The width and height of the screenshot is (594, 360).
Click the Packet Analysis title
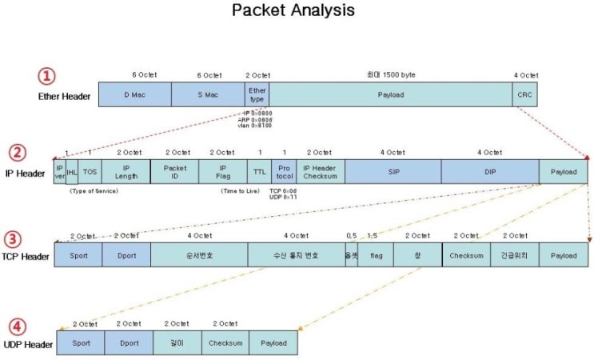coord(293,11)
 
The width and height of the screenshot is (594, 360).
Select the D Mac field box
coord(135,94)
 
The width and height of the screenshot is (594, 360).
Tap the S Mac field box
coord(208,94)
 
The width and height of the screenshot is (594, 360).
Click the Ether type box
coord(257,94)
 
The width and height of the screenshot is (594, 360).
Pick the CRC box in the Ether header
coord(524,94)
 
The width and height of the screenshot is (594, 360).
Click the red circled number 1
coord(48,76)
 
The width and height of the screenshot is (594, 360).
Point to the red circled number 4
coord(17,326)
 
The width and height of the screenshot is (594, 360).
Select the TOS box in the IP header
coord(90,171)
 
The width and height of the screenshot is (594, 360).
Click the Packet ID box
coord(174,171)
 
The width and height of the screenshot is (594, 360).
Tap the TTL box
coord(259,171)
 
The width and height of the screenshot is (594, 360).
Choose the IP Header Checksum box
coord(321,171)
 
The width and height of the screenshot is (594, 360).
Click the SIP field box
coord(393,171)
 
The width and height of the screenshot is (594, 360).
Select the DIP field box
coord(490,171)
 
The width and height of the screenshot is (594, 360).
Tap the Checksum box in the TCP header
coord(466,255)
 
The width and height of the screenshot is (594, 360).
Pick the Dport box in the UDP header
coord(128,342)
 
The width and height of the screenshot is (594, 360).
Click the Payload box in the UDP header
coord(273,342)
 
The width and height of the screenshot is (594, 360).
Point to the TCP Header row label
coord(26,256)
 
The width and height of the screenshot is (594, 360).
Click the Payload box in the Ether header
coord(391,94)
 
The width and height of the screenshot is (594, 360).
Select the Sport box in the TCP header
coord(78,255)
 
